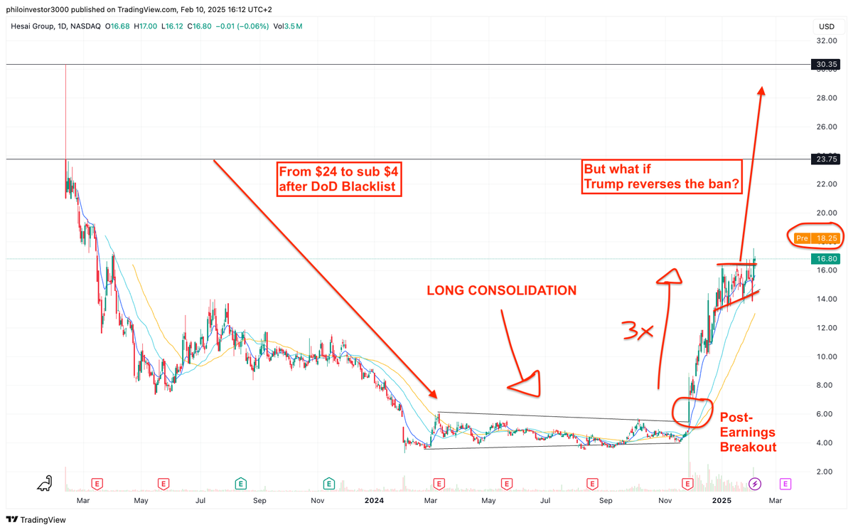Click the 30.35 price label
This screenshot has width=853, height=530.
click(x=825, y=65)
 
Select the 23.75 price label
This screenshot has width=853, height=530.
click(x=825, y=160)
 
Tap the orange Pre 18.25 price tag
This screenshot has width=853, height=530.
click(x=818, y=238)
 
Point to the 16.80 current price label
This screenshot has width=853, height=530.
click(x=825, y=259)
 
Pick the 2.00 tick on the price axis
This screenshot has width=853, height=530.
click(x=825, y=472)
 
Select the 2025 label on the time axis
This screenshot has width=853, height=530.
click(x=722, y=501)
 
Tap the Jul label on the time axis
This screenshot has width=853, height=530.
click(x=200, y=501)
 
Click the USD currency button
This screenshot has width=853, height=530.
click(x=826, y=27)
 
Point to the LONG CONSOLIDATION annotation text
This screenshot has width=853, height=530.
click(x=501, y=290)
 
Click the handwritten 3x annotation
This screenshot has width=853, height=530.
click(x=635, y=332)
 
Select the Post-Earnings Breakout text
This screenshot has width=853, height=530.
click(x=748, y=433)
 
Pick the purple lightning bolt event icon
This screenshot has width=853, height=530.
click(x=755, y=484)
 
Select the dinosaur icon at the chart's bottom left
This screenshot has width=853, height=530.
click(x=45, y=483)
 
